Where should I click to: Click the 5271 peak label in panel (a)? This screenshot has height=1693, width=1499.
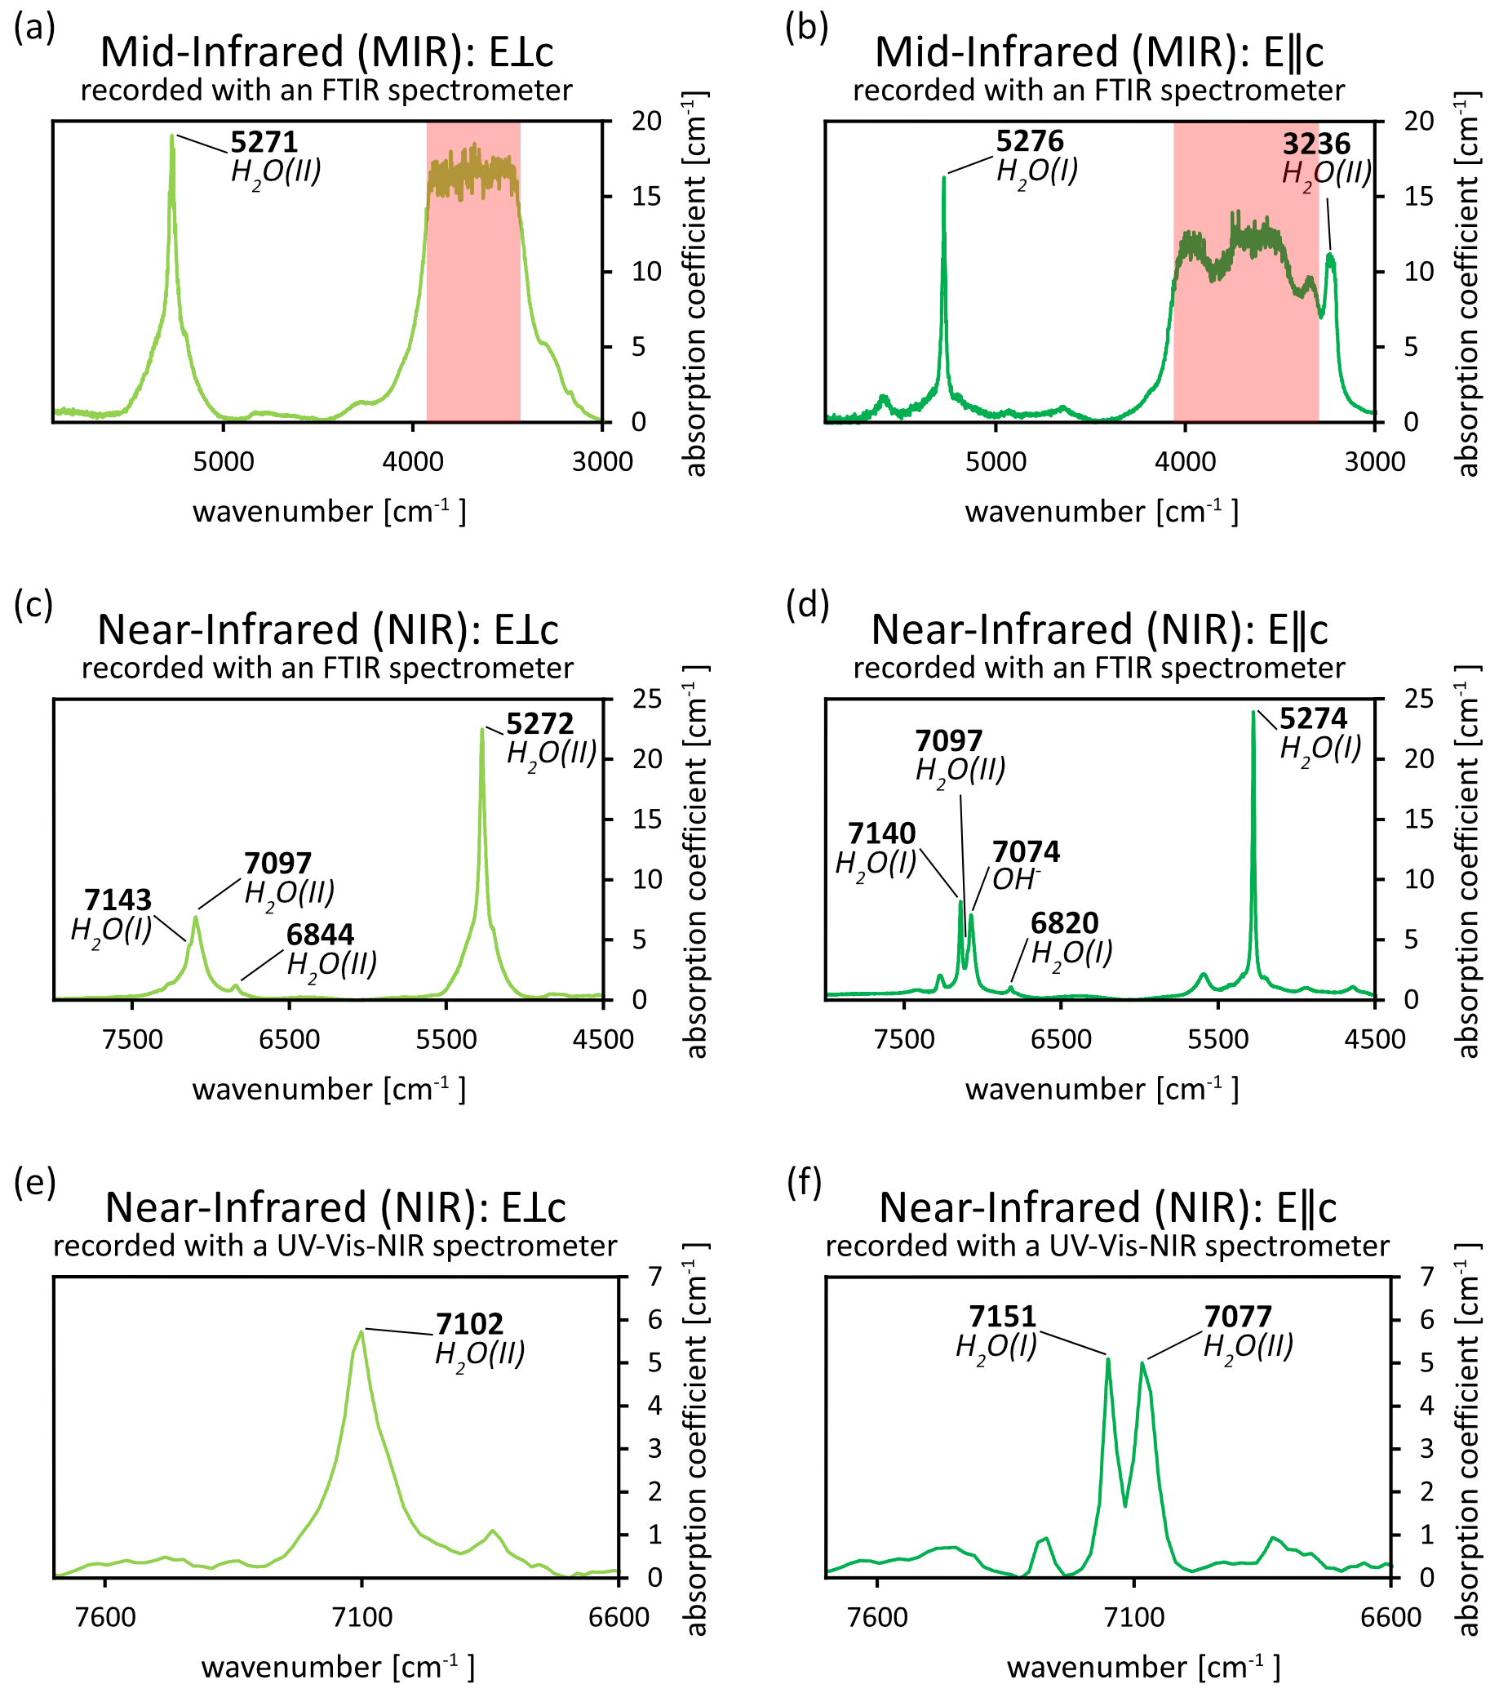[264, 143]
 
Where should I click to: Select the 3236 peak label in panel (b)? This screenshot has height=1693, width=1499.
[1316, 144]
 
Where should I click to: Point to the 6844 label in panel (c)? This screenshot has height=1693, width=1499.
[320, 935]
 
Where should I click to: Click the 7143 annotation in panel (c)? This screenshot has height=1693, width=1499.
[118, 900]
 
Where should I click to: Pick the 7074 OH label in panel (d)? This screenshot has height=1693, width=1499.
[1025, 851]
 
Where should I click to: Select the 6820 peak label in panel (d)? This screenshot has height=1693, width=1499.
[1064, 922]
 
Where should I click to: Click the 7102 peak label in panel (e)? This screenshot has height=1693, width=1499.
[469, 1323]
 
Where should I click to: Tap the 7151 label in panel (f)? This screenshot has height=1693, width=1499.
[1002, 1316]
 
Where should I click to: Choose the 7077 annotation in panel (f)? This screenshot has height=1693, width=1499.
[1237, 1316]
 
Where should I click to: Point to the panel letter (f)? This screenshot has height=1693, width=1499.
[803, 1184]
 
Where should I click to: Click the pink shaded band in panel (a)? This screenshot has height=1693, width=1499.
[473, 331]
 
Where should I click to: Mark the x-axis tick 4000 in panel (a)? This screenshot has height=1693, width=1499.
[412, 461]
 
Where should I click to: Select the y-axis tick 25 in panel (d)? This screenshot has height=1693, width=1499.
[1418, 699]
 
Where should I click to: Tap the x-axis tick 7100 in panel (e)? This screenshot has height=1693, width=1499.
[361, 1617]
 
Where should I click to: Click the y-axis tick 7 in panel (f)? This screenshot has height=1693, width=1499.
[1426, 1277]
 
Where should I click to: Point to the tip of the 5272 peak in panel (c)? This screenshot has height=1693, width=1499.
[482, 729]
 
